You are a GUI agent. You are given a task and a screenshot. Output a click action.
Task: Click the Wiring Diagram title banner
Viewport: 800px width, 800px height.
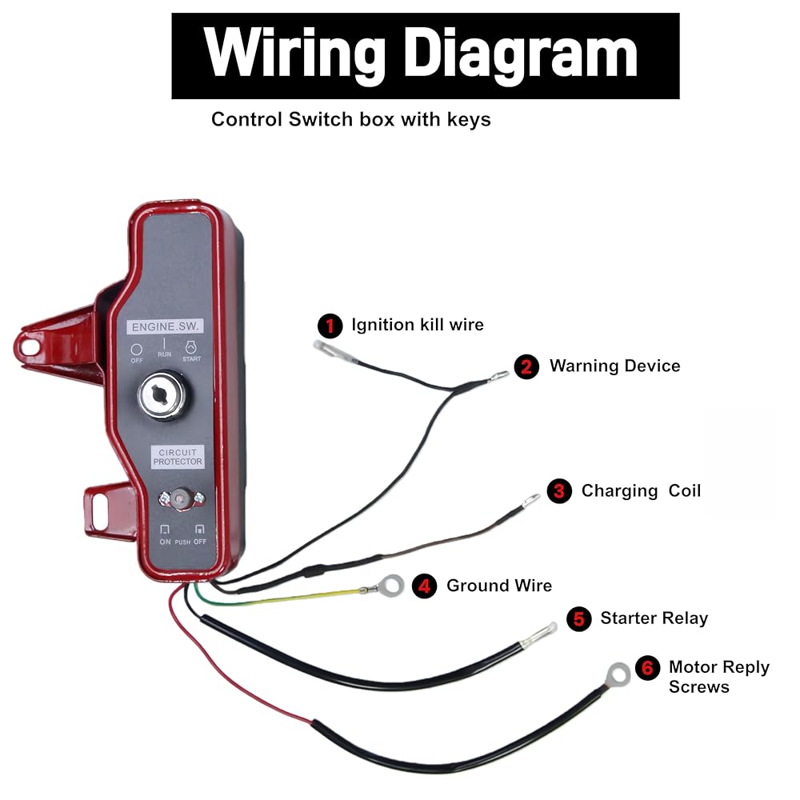pyautogui.click(x=425, y=56)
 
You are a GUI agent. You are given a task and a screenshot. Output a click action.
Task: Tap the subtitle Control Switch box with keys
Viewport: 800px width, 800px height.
pyautogui.click(x=351, y=119)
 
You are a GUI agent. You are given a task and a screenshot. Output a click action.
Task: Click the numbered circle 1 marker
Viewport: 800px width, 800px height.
pyautogui.click(x=330, y=326)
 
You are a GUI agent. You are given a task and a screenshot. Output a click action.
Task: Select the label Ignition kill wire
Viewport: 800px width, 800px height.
pyautogui.click(x=418, y=325)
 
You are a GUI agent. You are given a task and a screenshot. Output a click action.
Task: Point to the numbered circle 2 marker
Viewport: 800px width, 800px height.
pyautogui.click(x=526, y=367)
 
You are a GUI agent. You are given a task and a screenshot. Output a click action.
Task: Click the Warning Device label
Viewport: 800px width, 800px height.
pyautogui.click(x=614, y=366)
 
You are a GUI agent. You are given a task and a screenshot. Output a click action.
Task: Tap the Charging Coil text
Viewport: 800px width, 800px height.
pyautogui.click(x=641, y=491)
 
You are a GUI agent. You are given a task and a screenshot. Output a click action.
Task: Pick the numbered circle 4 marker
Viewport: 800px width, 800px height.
pyautogui.click(x=424, y=586)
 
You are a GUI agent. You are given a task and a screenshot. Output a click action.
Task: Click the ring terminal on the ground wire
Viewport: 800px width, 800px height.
pyautogui.click(x=391, y=586)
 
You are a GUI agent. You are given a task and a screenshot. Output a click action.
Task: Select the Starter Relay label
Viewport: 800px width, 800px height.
pyautogui.click(x=654, y=618)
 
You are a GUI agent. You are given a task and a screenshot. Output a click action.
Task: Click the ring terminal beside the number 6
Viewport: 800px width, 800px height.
pyautogui.click(x=618, y=674)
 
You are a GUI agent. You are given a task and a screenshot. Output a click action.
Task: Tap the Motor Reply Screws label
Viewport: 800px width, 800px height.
pyautogui.click(x=719, y=677)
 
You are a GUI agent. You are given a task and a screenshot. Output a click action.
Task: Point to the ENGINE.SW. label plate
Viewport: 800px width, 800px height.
pyautogui.click(x=165, y=326)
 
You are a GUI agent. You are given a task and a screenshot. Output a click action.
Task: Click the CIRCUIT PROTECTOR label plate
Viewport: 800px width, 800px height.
pyautogui.click(x=178, y=457)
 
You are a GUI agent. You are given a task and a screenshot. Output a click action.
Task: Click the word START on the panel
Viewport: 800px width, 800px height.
pyautogui.click(x=192, y=359)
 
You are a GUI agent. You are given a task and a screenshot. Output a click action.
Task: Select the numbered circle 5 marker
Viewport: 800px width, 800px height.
pyautogui.click(x=579, y=619)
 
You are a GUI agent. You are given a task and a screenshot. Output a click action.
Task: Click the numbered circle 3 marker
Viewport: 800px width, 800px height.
pyautogui.click(x=559, y=491)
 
